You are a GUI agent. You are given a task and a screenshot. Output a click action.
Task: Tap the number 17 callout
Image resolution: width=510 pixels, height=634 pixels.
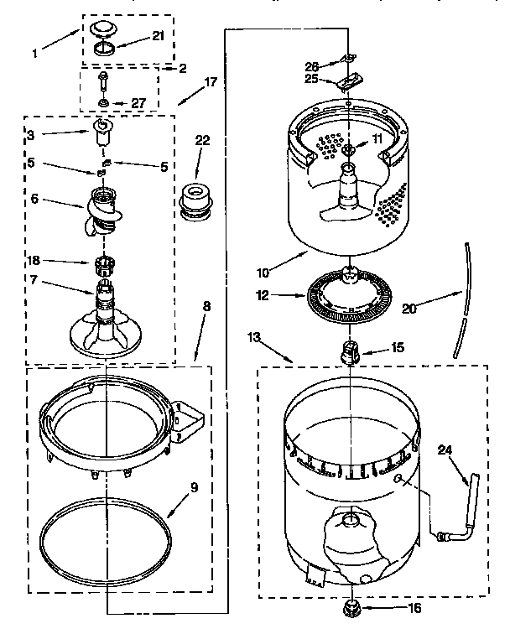pos(211,82)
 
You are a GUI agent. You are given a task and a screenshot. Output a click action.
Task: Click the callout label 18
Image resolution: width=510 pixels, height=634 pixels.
pos(34,262)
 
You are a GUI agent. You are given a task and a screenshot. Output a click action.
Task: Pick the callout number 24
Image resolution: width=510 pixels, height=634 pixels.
pos(445,450)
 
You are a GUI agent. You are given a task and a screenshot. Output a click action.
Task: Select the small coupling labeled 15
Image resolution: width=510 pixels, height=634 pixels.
pos(348,351)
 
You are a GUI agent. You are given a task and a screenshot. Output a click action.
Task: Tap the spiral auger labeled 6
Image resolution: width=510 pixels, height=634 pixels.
pos(102,210)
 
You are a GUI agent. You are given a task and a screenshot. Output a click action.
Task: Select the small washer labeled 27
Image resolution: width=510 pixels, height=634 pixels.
pos(103,103)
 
